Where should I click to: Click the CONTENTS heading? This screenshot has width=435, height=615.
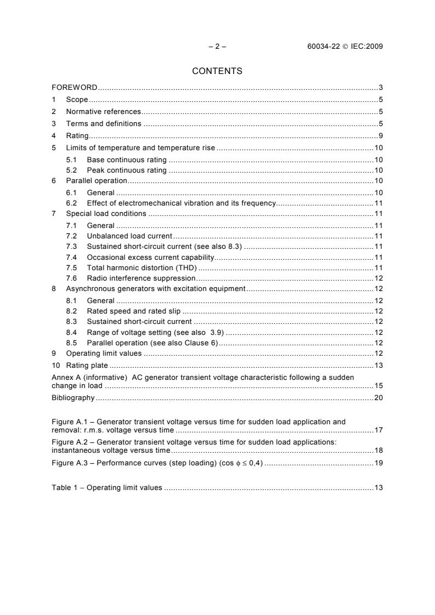pos(217,71)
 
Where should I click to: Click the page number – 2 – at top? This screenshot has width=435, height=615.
pos(217,47)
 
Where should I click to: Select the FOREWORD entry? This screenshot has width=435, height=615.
pos(75,88)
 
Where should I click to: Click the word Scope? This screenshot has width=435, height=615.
pos(77,100)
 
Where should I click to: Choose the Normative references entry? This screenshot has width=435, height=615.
pos(103,112)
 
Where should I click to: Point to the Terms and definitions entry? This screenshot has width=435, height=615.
pos(103,124)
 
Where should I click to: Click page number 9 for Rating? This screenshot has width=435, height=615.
pos(380,136)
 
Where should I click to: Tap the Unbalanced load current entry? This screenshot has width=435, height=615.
pos(129,236)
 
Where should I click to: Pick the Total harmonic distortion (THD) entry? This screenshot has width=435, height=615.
pos(142,268)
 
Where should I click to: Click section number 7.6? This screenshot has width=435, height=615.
pos(71,278)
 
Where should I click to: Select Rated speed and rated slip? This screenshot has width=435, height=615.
pos(133,311)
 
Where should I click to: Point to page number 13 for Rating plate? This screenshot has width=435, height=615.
pos(378,365)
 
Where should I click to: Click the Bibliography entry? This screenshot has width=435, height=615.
pos(73,397)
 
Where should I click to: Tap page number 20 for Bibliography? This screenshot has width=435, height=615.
pos(378,397)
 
